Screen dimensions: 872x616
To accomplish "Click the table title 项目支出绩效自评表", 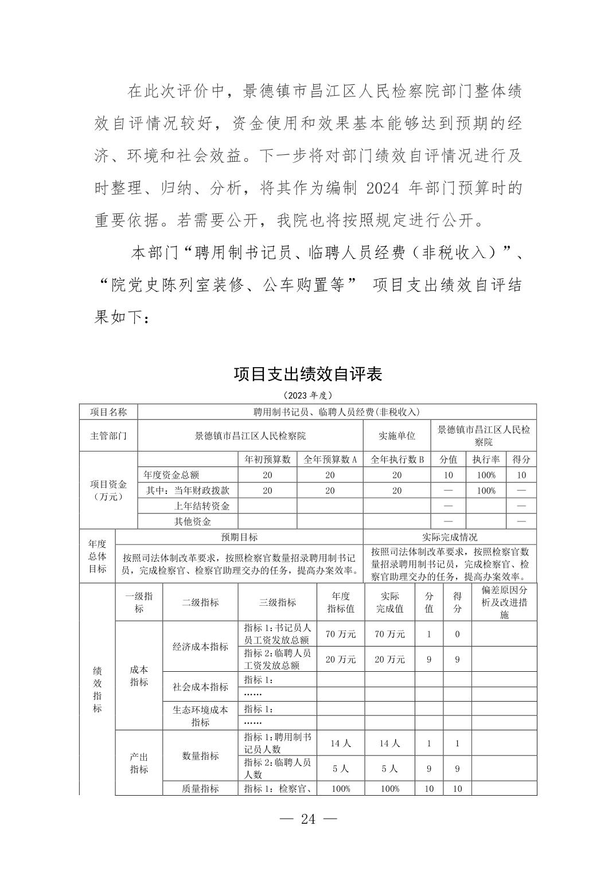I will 308,375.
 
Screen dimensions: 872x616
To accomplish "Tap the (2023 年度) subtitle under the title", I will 308,395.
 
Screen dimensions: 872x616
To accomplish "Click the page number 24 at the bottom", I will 308,819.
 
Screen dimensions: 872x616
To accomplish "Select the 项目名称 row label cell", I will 108,412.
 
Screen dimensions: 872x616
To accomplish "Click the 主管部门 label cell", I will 108,435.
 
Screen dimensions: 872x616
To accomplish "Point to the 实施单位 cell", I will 397,435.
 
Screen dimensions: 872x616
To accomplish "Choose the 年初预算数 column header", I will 267,460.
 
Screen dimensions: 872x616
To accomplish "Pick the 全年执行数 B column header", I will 397,460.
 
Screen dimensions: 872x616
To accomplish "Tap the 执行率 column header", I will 485,460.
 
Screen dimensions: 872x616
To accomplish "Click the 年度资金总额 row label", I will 171,475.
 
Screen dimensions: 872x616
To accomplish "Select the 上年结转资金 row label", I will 202,506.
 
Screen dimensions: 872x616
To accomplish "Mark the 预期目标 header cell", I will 239,537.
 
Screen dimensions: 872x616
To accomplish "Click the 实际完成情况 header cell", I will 450,537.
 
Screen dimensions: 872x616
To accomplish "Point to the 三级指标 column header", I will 278,602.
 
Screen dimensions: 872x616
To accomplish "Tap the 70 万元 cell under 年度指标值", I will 341,634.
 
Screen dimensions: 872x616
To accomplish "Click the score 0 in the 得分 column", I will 457,634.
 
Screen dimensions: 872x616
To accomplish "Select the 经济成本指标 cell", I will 200,647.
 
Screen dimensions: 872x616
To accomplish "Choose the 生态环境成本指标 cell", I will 200,716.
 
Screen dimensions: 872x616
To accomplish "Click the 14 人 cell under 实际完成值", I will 389,743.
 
